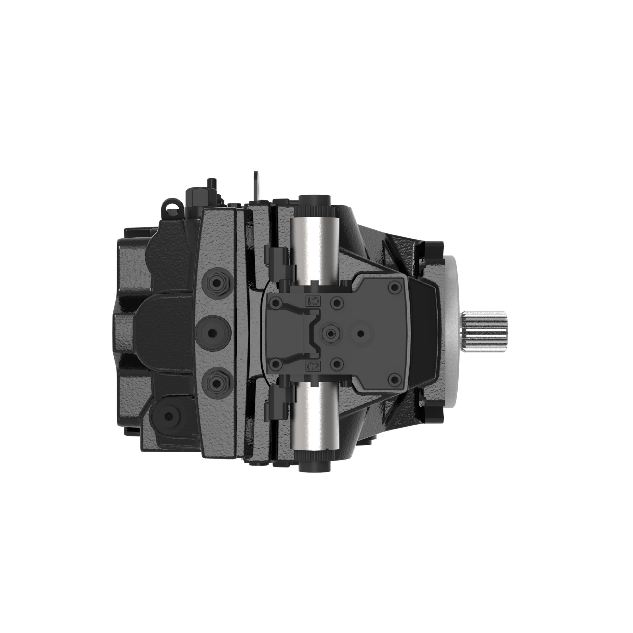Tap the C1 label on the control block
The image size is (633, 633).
(312, 301)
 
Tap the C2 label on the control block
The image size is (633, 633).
(312, 366)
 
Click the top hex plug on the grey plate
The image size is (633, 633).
(216, 281)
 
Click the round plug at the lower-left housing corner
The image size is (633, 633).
(169, 416)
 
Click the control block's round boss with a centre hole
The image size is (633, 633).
(361, 334)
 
